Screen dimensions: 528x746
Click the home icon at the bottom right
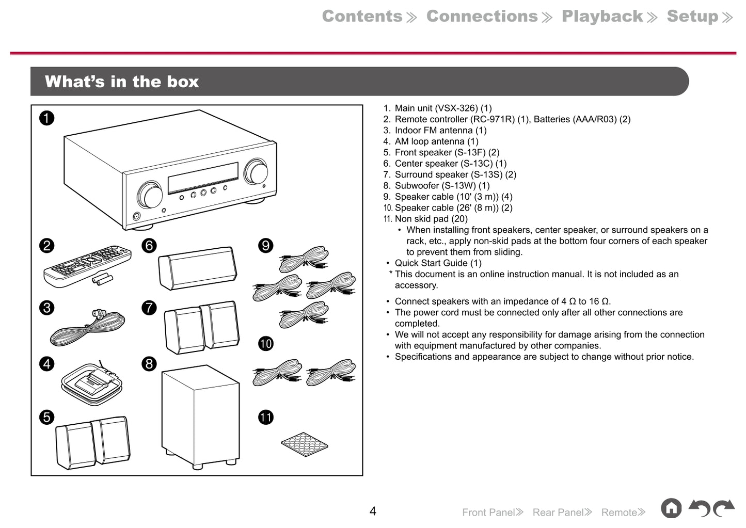click(671, 508)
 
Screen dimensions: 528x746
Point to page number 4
click(373, 511)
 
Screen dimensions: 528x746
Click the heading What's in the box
click(122, 82)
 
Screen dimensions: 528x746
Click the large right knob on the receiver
click(256, 171)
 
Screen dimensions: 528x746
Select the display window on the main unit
click(203, 178)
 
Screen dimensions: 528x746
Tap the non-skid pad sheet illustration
click(305, 444)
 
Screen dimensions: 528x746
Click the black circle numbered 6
click(149, 245)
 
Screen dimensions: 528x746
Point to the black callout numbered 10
click(266, 344)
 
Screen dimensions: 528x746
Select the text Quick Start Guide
click(431, 263)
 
